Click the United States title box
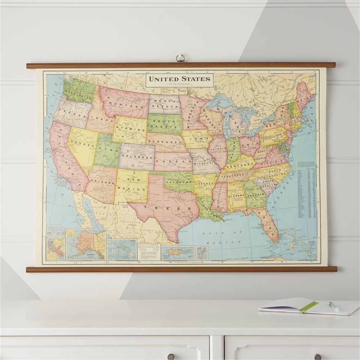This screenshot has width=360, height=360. pyautogui.click(x=179, y=80)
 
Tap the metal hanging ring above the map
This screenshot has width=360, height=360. pyautogui.click(x=180, y=58)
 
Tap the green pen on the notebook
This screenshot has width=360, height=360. pyautogui.click(x=334, y=306)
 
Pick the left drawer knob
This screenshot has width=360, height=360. pyautogui.click(x=171, y=356)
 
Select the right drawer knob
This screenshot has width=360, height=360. pyautogui.click(x=318, y=356)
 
